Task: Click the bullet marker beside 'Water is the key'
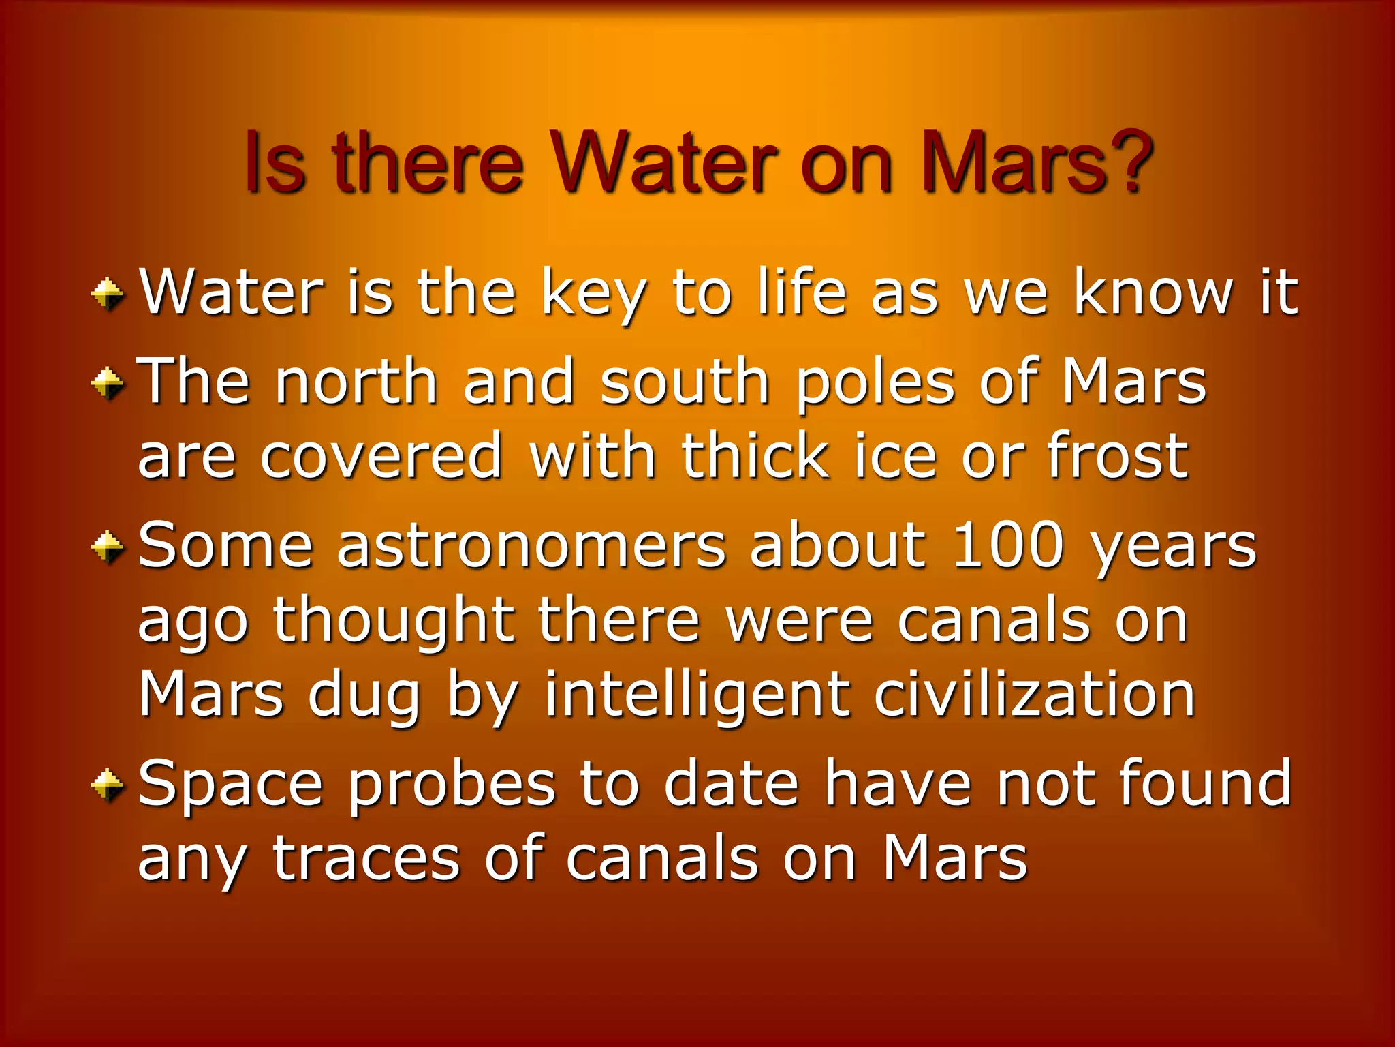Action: point(108,295)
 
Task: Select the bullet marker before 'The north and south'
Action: point(108,383)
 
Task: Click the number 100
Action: point(1008,545)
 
